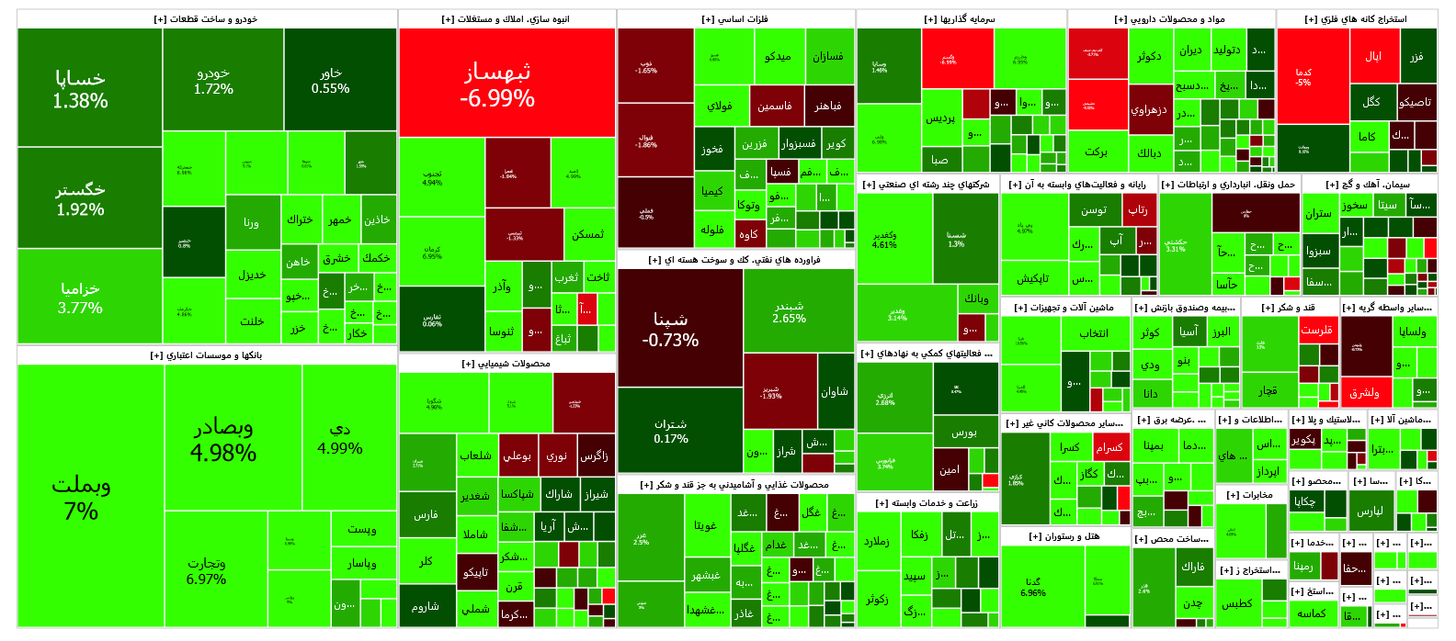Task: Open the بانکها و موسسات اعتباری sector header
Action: [x=207, y=354]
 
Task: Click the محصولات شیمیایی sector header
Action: [x=506, y=364]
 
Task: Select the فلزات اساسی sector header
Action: [x=735, y=18]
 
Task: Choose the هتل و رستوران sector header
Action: [x=1064, y=536]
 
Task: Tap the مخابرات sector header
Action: [x=1251, y=495]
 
